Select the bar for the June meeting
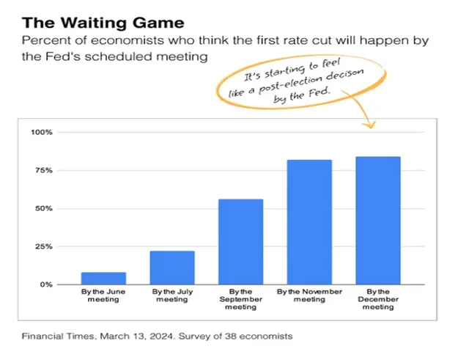[x=103, y=278]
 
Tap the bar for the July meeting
[x=172, y=268]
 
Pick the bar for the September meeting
[x=240, y=242]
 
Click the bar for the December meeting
[x=378, y=221]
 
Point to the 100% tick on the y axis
[x=43, y=133]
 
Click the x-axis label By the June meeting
[x=103, y=295]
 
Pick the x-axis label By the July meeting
[x=172, y=295]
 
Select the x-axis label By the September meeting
[x=240, y=299]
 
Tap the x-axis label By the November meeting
[x=309, y=295]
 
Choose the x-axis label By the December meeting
[x=378, y=299]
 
